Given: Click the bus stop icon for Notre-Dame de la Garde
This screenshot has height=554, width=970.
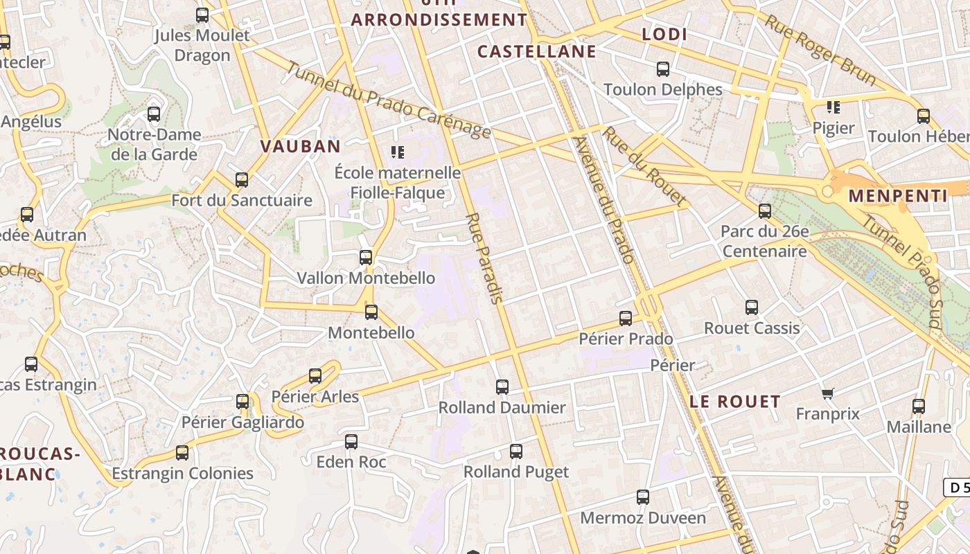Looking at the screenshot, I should pyautogui.click(x=154, y=114).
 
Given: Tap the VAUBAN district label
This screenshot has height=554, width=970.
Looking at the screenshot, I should pyautogui.click(x=301, y=146).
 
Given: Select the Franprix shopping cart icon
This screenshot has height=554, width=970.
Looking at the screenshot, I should pyautogui.click(x=827, y=394).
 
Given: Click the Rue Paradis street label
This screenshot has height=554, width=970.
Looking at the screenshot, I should pyautogui.click(x=484, y=258).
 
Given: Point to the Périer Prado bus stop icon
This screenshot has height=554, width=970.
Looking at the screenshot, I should pyautogui.click(x=626, y=319).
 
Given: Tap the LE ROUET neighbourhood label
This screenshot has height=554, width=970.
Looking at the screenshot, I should pyautogui.click(x=735, y=402).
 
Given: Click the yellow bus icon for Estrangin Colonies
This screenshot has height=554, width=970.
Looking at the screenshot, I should pyautogui.click(x=182, y=453).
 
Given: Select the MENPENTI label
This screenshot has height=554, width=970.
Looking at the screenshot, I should pyautogui.click(x=897, y=196).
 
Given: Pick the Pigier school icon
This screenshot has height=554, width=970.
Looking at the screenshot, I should pyautogui.click(x=834, y=107).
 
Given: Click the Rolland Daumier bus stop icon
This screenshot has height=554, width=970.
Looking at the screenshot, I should pyautogui.click(x=502, y=387).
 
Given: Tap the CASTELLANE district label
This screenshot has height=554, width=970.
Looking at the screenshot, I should pyautogui.click(x=537, y=52).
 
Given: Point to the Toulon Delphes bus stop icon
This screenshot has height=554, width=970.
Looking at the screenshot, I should pyautogui.click(x=663, y=69).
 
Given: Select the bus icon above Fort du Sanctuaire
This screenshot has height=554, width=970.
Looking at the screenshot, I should pyautogui.click(x=242, y=180).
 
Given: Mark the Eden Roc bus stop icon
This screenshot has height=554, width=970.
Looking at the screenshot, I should pyautogui.click(x=351, y=442).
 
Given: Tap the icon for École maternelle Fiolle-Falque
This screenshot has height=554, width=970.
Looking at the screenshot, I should pyautogui.click(x=398, y=152).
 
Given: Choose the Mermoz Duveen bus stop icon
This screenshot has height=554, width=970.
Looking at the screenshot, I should pyautogui.click(x=643, y=497).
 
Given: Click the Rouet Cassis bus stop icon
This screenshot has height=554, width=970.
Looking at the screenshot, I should pyautogui.click(x=752, y=307).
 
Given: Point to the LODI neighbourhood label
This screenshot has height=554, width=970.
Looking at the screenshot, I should pyautogui.click(x=664, y=35).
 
